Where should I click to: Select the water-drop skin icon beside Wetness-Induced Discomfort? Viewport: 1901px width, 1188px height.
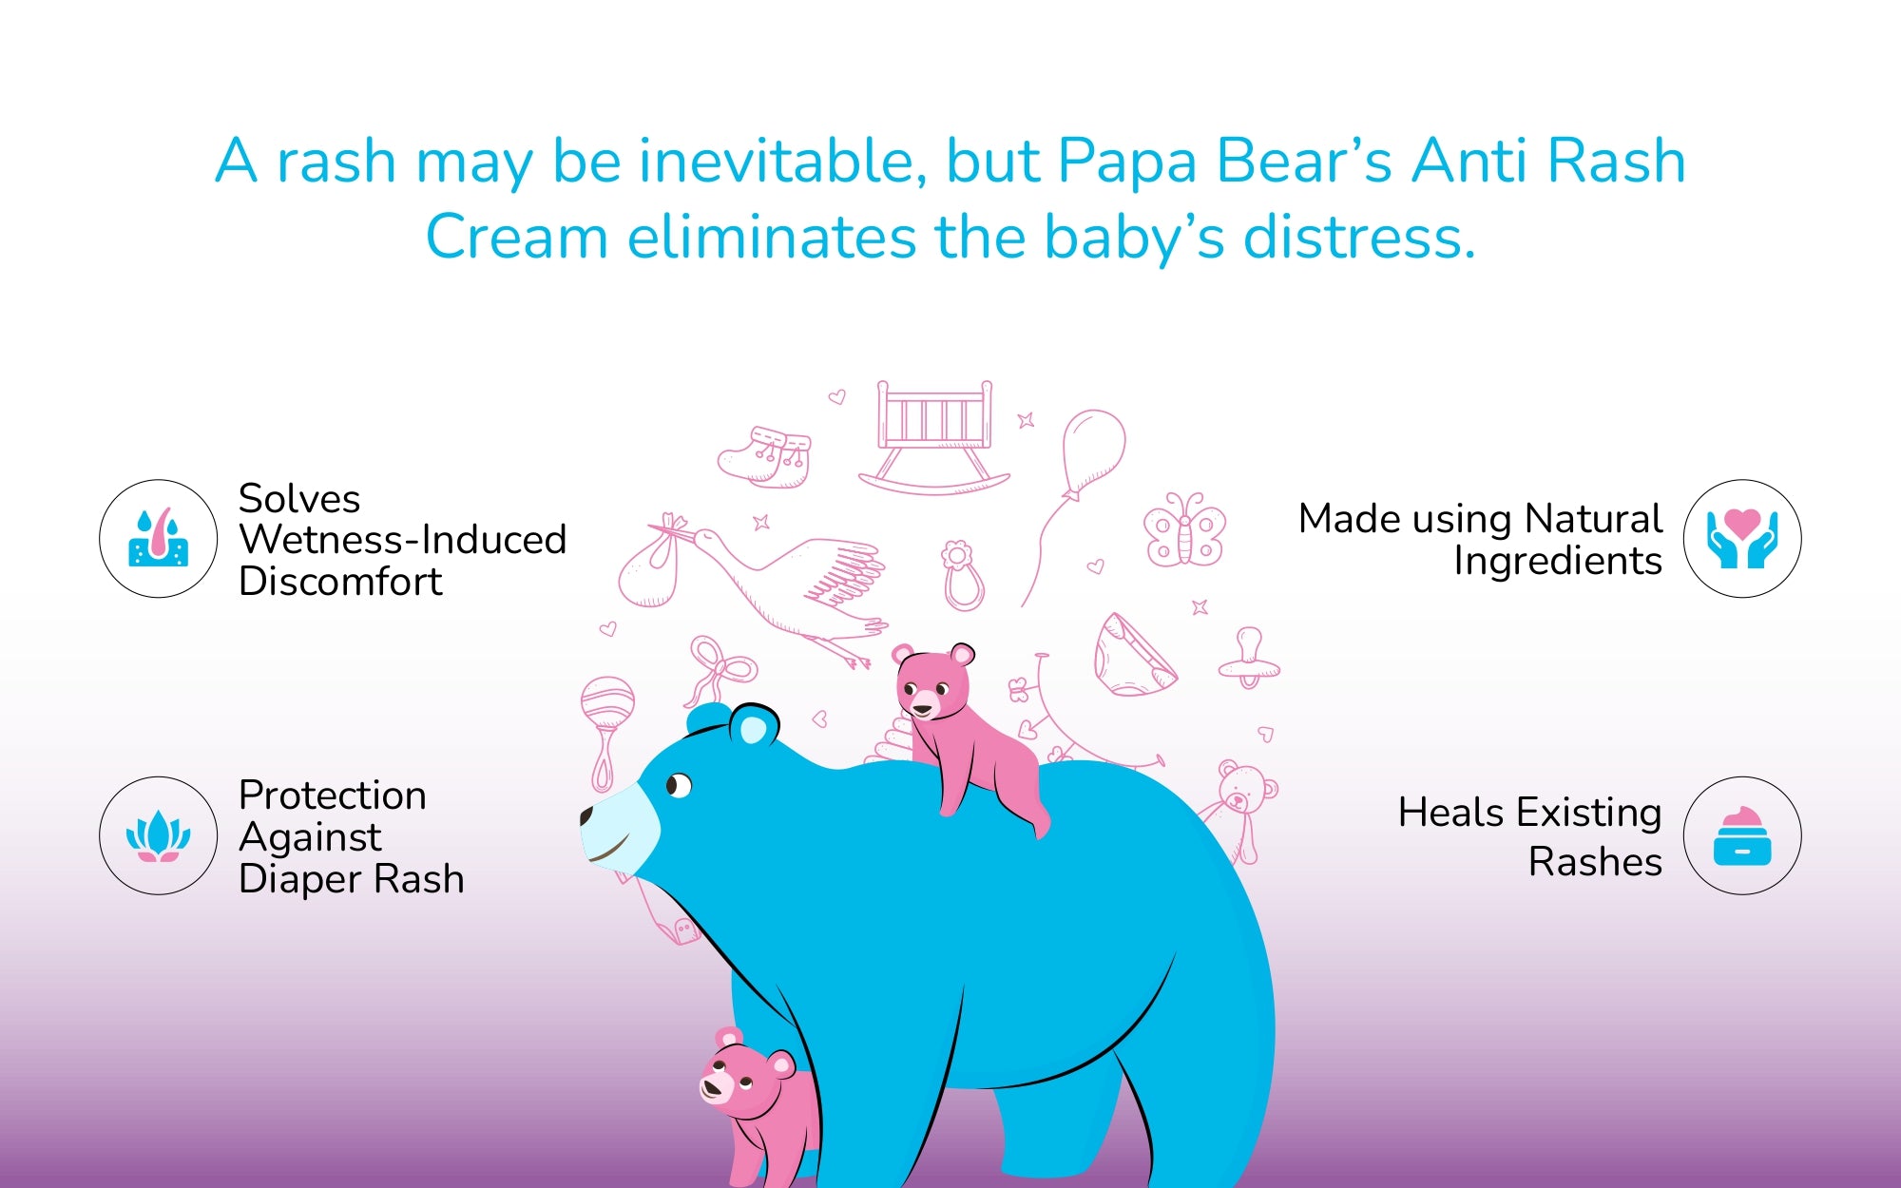[159, 538]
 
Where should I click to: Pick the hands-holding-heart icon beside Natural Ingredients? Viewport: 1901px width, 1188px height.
[1742, 538]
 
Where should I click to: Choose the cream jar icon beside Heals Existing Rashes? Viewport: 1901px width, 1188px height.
[1742, 836]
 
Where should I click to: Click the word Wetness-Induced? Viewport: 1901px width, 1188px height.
[403, 540]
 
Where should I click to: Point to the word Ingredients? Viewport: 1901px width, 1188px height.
[1558, 561]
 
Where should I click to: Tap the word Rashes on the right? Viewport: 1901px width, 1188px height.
[1595, 862]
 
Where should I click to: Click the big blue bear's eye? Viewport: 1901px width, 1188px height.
[679, 786]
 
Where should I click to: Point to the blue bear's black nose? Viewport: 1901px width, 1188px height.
[586, 815]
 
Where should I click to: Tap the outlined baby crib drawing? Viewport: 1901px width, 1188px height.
[934, 437]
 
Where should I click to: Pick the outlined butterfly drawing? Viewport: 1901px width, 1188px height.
[1184, 529]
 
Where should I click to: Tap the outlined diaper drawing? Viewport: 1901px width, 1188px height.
[1134, 656]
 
